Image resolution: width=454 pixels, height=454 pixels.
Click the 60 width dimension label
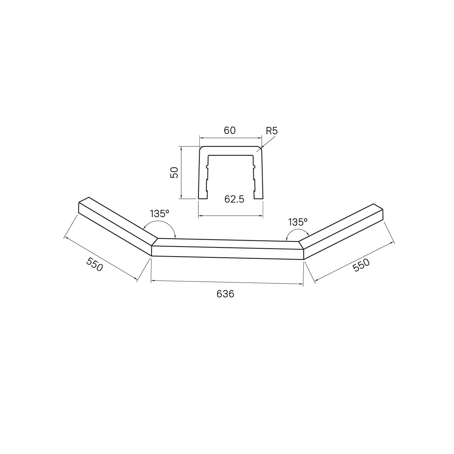click(230, 130)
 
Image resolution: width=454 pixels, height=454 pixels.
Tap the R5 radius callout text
click(271, 131)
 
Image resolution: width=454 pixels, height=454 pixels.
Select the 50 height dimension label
click(174, 173)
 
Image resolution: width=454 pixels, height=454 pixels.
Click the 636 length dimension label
click(225, 294)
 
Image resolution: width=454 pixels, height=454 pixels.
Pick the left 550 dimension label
click(95, 264)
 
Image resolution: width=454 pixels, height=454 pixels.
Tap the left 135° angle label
click(159, 214)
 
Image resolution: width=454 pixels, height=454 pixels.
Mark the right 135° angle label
click(298, 222)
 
